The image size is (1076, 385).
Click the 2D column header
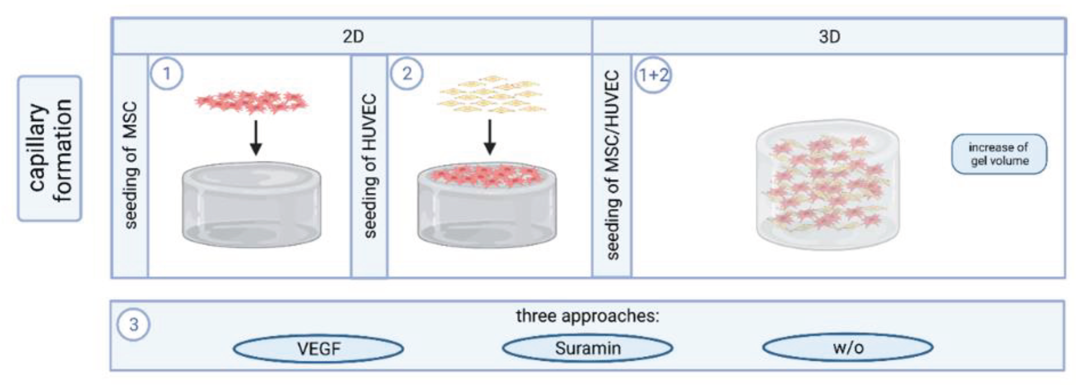353,37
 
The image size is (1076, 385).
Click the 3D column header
829,37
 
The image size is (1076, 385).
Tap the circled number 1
167,74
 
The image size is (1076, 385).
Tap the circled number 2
407,74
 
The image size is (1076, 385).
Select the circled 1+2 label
653,75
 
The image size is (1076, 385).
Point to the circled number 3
133,325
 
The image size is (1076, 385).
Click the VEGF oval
318,348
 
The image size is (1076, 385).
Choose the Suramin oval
588,348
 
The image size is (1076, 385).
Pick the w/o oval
848,347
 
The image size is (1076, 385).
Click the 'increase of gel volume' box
999,154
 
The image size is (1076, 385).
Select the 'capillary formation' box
50,149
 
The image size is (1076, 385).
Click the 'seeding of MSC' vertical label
130,165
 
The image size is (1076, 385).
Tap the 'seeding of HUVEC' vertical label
370,166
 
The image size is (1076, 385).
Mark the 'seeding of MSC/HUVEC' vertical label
612,165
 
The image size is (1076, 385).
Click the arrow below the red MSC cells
256,138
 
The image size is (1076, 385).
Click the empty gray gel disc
252,205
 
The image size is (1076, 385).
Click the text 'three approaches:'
587,316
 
